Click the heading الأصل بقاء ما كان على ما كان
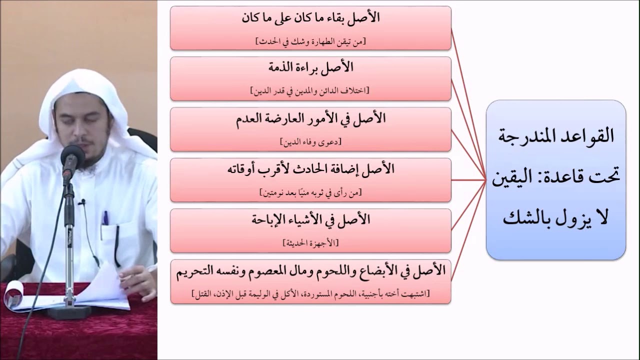310,17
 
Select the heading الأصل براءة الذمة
310,67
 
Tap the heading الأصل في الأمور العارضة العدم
310,119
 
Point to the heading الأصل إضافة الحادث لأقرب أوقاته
310,169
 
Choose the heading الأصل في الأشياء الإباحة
310,219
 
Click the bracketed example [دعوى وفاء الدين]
310,142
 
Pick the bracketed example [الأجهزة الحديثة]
310,243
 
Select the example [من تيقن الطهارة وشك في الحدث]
310,41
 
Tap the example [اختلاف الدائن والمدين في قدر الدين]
310,91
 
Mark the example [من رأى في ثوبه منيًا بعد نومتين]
310,192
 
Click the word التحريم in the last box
197,271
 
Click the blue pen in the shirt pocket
105,218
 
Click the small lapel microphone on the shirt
82,202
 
